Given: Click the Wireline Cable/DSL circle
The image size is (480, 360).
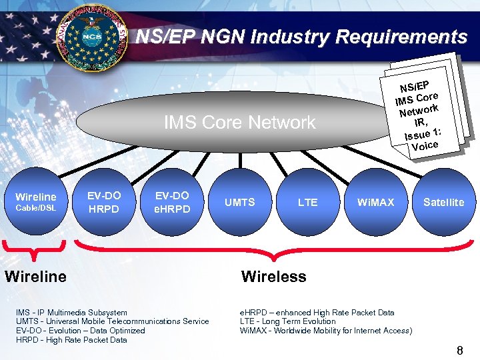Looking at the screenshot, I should [35, 201].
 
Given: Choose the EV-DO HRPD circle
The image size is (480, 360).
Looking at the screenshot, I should [104, 201].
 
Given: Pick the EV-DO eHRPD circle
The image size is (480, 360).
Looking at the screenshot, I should [172, 201].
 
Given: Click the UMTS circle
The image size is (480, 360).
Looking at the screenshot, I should [239, 201].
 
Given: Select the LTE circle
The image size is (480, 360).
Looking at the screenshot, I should [307, 201].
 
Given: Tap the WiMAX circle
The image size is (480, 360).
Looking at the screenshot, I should [375, 201].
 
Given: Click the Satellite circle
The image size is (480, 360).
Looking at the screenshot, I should [443, 201].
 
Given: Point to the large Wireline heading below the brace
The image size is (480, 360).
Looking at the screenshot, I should [35, 276].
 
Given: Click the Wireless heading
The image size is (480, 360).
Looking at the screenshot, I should [273, 276].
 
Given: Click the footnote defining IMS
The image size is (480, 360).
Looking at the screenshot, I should [71, 312].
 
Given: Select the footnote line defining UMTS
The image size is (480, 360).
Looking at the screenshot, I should [112, 321].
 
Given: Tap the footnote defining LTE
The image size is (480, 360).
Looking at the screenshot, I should [287, 321].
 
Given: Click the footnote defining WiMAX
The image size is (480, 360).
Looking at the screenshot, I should [325, 331].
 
